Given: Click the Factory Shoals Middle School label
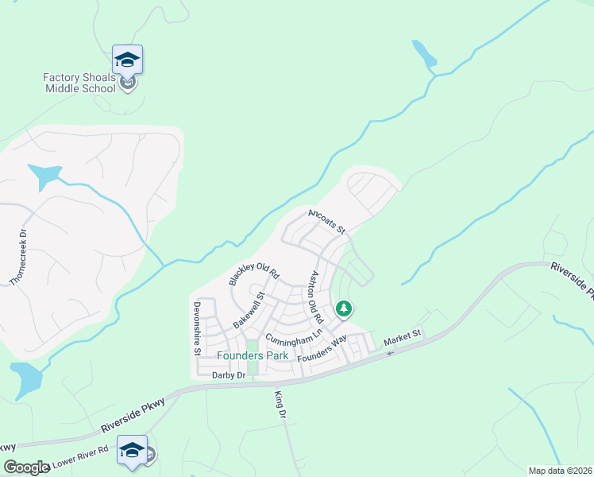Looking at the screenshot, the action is (x=79, y=82).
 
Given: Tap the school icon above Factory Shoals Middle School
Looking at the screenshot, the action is (x=127, y=58).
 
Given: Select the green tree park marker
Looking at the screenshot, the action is (x=344, y=307).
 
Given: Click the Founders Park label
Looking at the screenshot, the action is (x=253, y=355).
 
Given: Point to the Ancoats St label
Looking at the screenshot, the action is (x=327, y=221).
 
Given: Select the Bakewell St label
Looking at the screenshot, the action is (x=253, y=310).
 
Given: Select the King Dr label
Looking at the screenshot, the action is (x=279, y=404).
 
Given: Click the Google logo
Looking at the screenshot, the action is (x=26, y=467).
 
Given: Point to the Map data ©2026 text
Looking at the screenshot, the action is (x=561, y=471).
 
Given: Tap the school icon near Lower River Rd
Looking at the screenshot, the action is (x=132, y=450).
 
